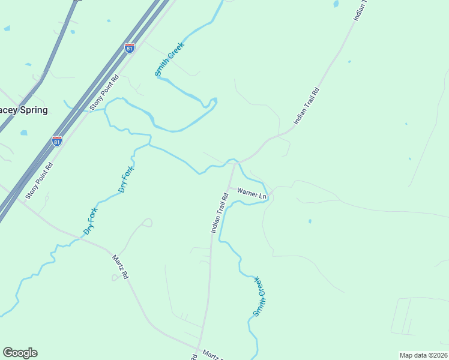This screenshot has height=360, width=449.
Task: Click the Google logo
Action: [20, 353]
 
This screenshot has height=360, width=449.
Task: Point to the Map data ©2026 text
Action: [423, 355]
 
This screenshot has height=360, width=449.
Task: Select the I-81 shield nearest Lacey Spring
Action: [57, 142]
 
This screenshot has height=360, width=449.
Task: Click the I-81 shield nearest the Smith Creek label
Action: [130, 48]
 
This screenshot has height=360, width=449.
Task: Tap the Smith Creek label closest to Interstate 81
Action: [170, 59]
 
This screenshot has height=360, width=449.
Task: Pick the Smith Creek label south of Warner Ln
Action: [259, 296]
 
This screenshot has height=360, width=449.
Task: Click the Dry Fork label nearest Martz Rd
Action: [90, 220]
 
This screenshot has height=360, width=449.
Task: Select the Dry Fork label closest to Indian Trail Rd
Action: [125, 179]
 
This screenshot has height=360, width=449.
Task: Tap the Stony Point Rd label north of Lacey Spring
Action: [105, 92]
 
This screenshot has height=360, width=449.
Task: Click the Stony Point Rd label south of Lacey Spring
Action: [40, 180]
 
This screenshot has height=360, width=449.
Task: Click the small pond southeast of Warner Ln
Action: [310, 221]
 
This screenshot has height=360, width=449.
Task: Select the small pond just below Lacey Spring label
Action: [23, 133]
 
